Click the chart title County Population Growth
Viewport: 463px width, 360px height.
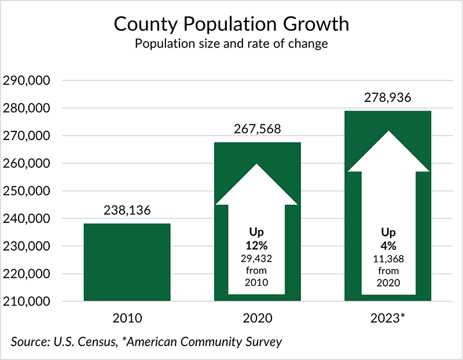pos(231,24)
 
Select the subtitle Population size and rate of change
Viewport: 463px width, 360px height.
pos(231,45)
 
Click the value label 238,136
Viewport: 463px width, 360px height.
pos(127,211)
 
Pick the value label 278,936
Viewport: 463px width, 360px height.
pos(388,98)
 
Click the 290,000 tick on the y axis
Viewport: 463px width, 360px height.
pos(27,80)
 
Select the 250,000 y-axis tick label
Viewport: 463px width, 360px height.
pos(27,191)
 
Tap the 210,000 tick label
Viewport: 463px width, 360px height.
pos(27,302)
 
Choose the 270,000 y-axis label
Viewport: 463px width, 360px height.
pos(27,136)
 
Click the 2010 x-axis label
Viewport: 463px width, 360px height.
pos(127,318)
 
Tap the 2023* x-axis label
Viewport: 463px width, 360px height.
pos(388,318)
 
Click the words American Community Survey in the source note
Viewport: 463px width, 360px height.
pos(204,341)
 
